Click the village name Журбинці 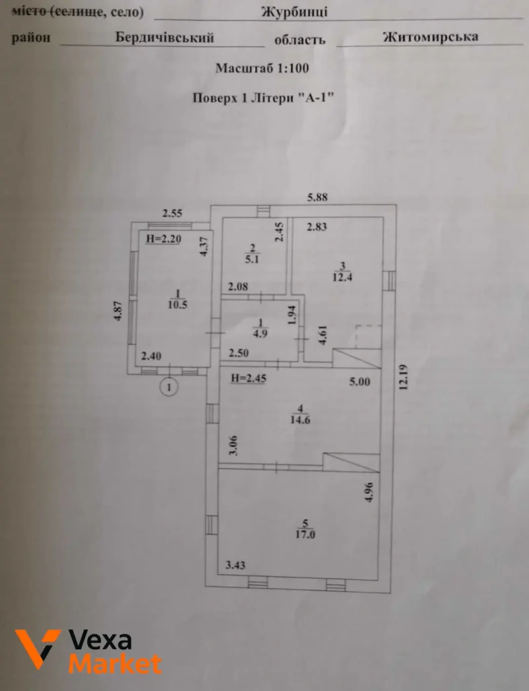click(x=294, y=11)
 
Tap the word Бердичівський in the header click(x=165, y=38)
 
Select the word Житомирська click(x=430, y=36)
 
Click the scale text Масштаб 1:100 click(x=263, y=68)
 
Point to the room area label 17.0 click(x=305, y=534)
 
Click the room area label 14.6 click(x=300, y=419)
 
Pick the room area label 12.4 click(x=342, y=277)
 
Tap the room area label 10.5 click(x=178, y=304)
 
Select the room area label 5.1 click(x=252, y=259)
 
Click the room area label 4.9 click(x=260, y=333)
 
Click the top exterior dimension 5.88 click(x=317, y=197)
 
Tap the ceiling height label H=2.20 click(x=163, y=239)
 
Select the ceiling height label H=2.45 click(x=249, y=378)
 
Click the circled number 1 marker click(x=169, y=387)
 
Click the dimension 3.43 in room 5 click(x=235, y=565)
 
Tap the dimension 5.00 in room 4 click(x=360, y=382)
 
